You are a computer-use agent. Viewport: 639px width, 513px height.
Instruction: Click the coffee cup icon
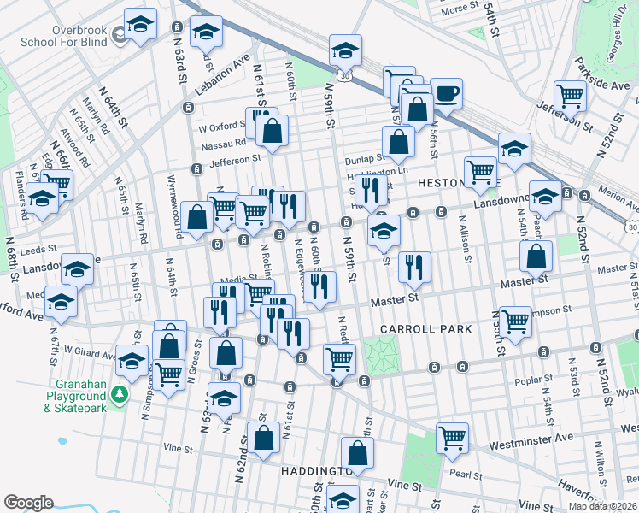(445, 93)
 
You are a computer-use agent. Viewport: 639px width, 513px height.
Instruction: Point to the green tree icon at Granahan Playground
(121, 393)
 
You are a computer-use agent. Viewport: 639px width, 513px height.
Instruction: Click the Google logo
(29, 502)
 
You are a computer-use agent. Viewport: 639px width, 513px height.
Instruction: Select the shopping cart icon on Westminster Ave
(452, 438)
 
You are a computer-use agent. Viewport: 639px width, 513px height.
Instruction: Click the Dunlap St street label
(366, 159)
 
